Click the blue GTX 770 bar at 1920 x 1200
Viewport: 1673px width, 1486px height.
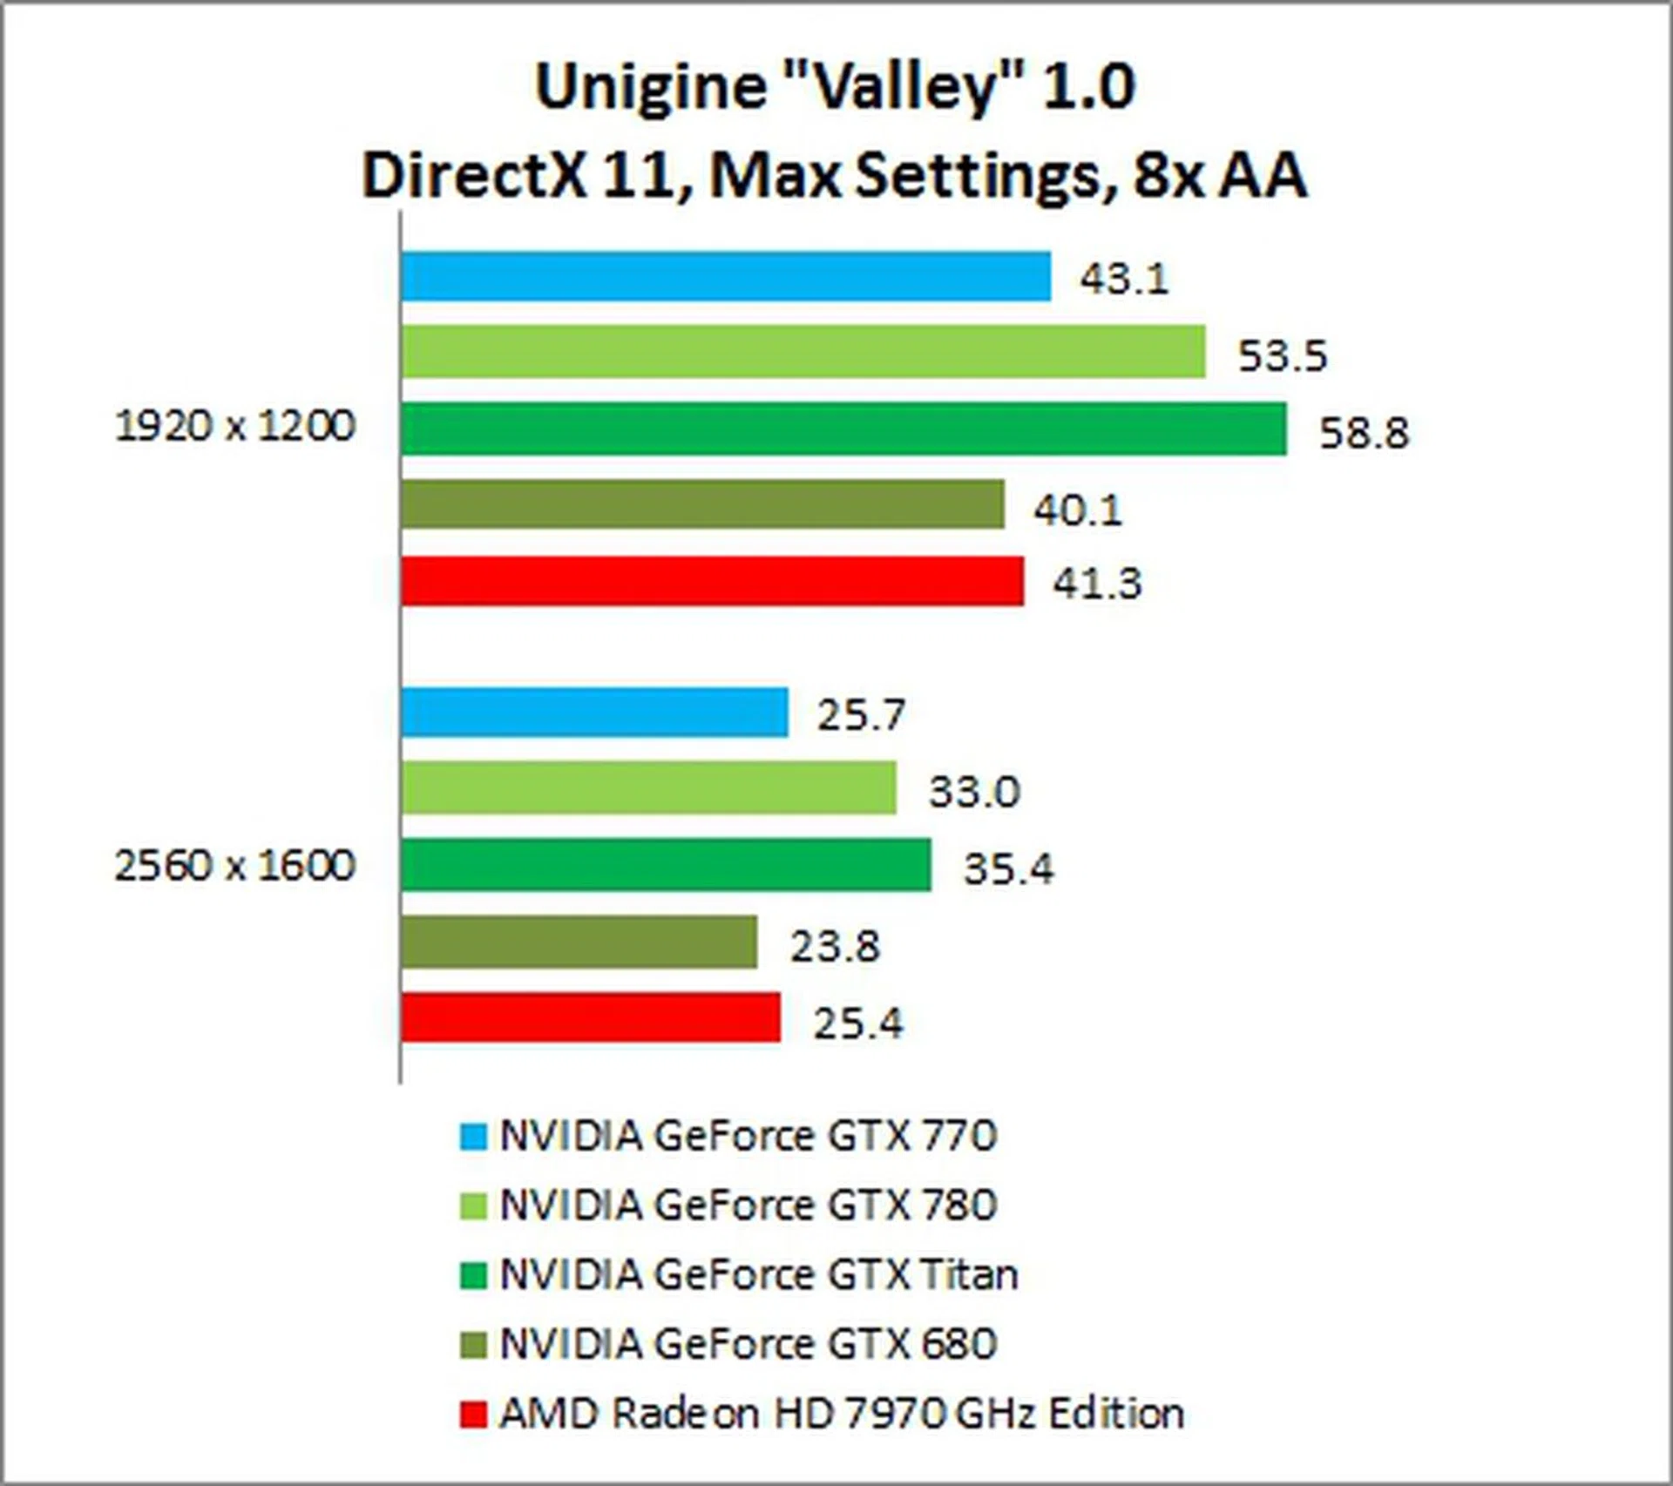coord(726,276)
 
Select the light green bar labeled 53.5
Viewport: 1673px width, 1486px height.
coord(803,352)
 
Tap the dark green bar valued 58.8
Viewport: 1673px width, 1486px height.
coord(843,429)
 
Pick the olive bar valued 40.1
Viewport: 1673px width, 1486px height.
coord(702,504)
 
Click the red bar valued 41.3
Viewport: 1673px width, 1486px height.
coord(712,581)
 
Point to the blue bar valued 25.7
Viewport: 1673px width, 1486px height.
coord(594,712)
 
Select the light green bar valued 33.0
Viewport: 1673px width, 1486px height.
coord(648,788)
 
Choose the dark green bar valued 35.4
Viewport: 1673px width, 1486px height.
coord(666,865)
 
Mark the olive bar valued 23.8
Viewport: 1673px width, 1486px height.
coord(579,942)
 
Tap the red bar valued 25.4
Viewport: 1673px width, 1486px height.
coord(591,1017)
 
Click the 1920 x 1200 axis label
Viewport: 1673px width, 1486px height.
coord(235,427)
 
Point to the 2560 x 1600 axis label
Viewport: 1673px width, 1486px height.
coord(235,866)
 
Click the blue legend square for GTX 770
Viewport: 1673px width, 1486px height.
coord(473,1137)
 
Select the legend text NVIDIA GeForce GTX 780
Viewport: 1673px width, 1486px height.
coord(748,1206)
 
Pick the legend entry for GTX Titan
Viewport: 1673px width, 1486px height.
coord(758,1275)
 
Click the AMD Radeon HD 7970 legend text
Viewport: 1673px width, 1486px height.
coord(841,1414)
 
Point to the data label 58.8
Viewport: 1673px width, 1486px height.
coord(1363,433)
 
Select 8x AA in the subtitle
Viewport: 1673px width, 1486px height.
coord(1220,176)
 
